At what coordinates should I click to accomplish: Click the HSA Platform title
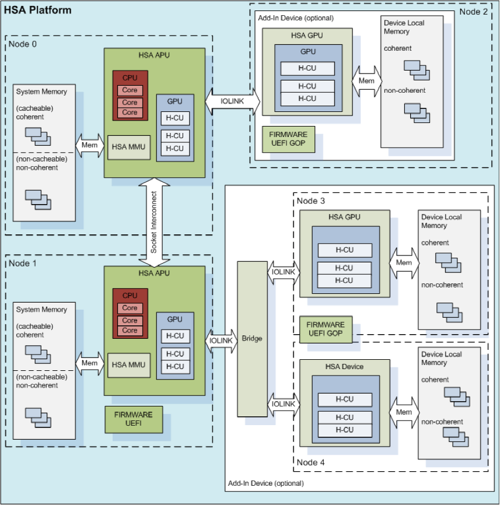point(38,10)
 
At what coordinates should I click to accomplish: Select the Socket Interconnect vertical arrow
point(153,222)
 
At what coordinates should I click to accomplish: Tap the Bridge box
point(252,339)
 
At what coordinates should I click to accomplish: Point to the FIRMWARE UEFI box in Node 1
point(134,419)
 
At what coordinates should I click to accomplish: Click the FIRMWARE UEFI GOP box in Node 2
point(289,139)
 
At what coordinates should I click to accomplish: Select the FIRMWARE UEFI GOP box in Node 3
point(326,329)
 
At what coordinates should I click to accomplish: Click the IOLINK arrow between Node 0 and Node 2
point(232,101)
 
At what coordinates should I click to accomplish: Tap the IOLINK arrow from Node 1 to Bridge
point(222,339)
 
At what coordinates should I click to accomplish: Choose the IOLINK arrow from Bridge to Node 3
point(284,272)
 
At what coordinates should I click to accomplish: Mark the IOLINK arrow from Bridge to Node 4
point(284,404)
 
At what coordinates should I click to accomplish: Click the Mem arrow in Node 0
point(89,145)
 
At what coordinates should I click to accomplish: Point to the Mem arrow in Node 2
point(366,81)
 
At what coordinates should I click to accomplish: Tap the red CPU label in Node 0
point(130,78)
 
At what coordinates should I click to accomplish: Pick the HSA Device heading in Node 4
point(344,367)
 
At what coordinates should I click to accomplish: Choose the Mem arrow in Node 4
point(404,412)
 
